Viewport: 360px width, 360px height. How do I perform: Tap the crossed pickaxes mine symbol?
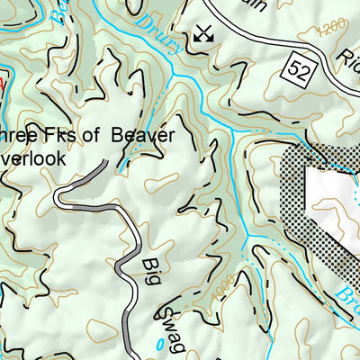(x=203, y=35)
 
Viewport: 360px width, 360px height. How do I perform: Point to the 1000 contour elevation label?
(x=220, y=288)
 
